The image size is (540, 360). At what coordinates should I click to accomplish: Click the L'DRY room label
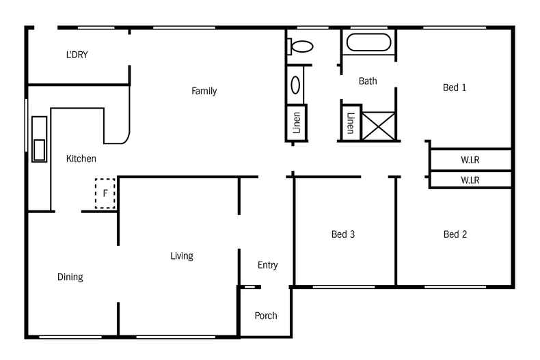click(x=77, y=55)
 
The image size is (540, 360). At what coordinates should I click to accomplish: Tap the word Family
click(x=204, y=92)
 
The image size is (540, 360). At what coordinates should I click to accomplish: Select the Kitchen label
click(x=81, y=158)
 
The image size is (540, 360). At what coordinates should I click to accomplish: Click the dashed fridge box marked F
click(x=105, y=193)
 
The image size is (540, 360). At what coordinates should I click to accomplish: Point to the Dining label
click(x=70, y=277)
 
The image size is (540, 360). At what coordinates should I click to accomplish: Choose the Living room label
click(x=182, y=256)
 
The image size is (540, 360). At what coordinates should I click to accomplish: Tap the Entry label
click(x=267, y=265)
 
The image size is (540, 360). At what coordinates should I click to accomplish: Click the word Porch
click(x=265, y=316)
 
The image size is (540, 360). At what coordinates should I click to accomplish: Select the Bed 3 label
click(x=343, y=234)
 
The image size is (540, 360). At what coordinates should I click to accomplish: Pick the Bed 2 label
click(x=455, y=234)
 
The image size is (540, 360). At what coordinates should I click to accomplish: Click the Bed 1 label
click(x=455, y=87)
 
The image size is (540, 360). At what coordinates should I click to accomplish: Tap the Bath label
click(x=368, y=81)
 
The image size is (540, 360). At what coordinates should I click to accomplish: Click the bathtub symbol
click(x=369, y=42)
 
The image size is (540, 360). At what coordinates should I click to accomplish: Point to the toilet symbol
click(x=299, y=46)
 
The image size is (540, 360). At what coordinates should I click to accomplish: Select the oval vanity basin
click(x=295, y=85)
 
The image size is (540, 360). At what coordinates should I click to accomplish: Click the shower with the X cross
click(x=379, y=126)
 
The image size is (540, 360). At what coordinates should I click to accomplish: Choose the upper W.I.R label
click(x=470, y=160)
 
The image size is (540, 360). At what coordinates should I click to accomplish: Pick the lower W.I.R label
click(x=470, y=180)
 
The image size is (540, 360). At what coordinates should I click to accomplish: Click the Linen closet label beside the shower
click(x=351, y=123)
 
